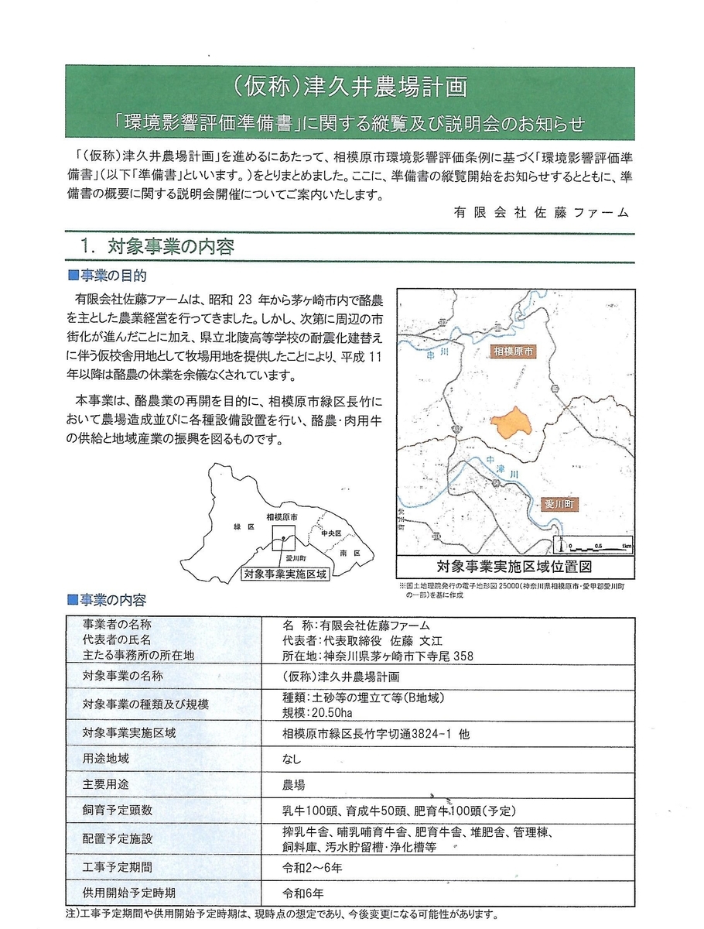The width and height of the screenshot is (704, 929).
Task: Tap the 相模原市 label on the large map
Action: click(515, 351)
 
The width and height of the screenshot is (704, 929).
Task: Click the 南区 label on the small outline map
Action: click(350, 554)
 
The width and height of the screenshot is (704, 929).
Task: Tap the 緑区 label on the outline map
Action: click(243, 526)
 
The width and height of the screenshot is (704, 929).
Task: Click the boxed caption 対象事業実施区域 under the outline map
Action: click(285, 574)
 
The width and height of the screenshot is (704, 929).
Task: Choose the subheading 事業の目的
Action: click(111, 275)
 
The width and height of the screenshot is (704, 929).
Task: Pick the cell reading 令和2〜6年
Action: click(313, 866)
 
